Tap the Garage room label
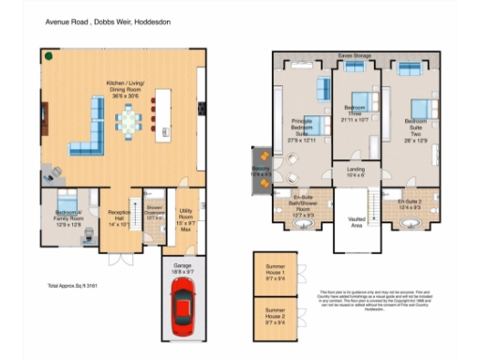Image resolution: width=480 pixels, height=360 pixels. (184, 269)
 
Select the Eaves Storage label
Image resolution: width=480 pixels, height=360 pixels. (354, 57)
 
